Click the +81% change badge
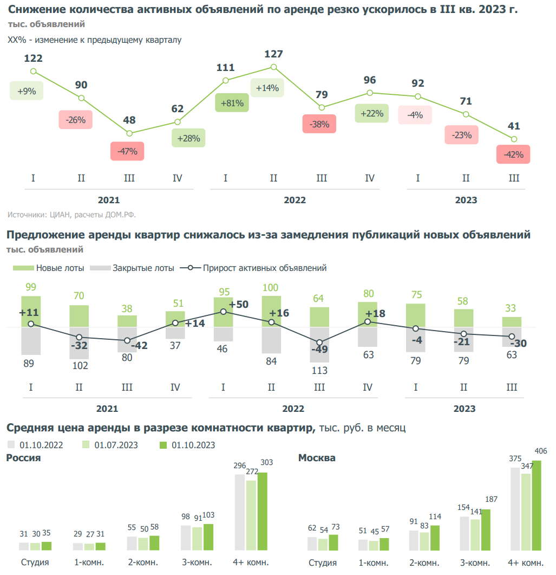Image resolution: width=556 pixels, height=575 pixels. tap(232, 102)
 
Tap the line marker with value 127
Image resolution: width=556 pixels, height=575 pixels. tap(274, 67)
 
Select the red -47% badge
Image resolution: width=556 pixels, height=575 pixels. tap(127, 151)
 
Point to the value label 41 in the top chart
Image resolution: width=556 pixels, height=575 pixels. tap(514, 126)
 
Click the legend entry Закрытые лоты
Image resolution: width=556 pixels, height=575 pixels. tap(132, 268)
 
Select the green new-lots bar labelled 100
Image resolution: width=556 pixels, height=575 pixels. tap(271, 311)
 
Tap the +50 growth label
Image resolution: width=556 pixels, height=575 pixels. tap(238, 305)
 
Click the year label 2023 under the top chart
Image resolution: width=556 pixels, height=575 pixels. tap(466, 200)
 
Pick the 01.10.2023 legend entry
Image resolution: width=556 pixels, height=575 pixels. tap(187, 445)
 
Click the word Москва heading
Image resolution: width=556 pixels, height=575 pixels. tap(317, 458)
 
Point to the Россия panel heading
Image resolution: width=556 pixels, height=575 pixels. tap(23, 458)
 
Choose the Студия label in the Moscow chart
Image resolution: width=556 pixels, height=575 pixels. tap(323, 562)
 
